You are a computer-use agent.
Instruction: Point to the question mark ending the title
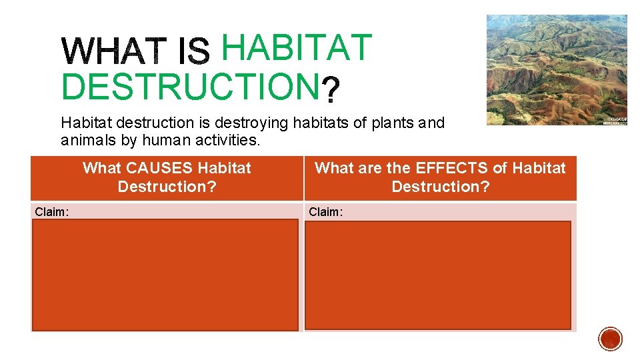[331, 90]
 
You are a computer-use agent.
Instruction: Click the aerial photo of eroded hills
[556, 69]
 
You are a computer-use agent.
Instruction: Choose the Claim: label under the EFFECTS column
[325, 212]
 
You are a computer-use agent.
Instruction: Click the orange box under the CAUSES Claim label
[165, 275]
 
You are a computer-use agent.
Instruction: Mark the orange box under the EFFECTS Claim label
[438, 275]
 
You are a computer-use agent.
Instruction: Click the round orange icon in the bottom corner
[610, 339]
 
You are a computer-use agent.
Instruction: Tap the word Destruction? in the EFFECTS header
[440, 187]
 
